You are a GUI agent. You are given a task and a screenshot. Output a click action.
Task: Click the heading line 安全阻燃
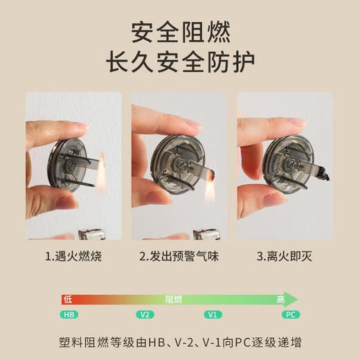click(180, 32)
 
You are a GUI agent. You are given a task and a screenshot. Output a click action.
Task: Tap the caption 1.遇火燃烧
click(73, 257)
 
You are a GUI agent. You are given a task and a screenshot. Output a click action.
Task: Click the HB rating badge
click(69, 314)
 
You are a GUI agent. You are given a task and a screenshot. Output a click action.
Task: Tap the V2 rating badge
click(144, 314)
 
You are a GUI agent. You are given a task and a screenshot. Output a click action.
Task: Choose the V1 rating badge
click(213, 314)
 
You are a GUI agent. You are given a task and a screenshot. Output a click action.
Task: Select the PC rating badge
click(291, 314)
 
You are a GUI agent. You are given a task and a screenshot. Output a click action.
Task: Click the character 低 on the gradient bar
click(67, 299)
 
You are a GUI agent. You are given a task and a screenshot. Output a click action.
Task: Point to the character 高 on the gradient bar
click(281, 299)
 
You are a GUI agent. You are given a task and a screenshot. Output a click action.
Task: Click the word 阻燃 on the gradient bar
click(174, 299)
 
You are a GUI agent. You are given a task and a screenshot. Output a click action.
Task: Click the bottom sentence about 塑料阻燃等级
click(180, 343)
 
